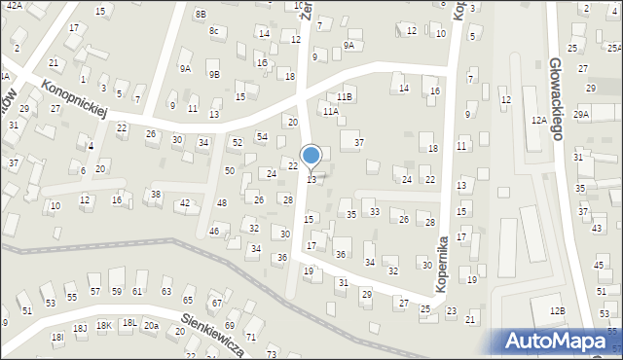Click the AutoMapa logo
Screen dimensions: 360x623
point(560,341)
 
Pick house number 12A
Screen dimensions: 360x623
point(538,120)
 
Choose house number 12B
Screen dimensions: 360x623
point(556,310)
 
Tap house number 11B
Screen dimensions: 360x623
point(345,97)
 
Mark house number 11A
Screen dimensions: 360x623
point(331,112)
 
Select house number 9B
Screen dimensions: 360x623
point(214,74)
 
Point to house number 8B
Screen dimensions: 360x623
point(201,14)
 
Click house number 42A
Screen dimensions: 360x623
point(15,5)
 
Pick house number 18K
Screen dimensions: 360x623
point(104,326)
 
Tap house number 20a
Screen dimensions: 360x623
point(151,326)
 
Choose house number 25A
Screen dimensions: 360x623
point(614,47)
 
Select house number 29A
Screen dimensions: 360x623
point(581,115)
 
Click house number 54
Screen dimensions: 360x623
point(262,136)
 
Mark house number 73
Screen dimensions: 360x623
point(272,353)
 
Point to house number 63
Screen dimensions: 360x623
point(165,291)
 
